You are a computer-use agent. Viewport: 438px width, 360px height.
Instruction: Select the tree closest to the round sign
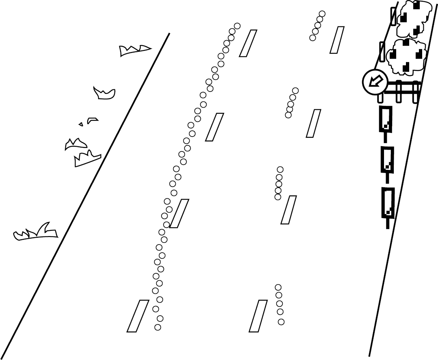407,57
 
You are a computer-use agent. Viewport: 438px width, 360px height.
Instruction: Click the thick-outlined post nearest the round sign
386,119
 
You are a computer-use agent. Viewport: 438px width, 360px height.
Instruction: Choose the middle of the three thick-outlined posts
387,160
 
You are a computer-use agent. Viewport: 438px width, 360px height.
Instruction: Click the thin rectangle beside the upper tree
393,16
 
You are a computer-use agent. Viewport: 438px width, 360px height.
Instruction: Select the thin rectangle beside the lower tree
382,52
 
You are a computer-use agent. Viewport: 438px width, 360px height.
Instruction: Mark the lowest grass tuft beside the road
36,233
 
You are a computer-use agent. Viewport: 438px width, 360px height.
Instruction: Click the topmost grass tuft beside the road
134,50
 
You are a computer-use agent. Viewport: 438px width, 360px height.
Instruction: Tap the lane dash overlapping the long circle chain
179,213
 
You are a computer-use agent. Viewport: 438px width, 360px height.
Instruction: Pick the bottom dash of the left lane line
138,316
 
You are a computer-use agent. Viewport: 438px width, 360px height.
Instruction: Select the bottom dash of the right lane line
258,316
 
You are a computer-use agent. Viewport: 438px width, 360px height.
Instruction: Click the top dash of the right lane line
337,40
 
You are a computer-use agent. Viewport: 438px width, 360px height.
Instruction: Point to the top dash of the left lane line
248,43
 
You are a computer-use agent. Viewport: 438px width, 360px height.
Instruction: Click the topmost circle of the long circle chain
237,26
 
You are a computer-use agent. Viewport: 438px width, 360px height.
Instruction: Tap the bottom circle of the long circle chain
158,327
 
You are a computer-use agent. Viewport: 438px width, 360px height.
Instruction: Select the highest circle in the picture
322,14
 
